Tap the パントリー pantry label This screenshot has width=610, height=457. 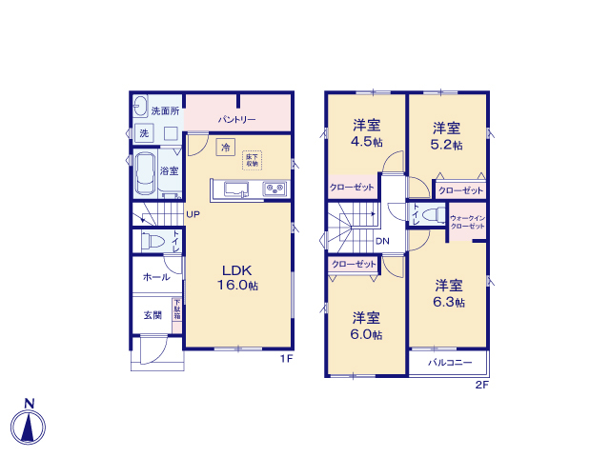(x=235, y=120)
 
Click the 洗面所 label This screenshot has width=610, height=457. (x=165, y=110)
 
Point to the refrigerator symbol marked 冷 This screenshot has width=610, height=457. (x=225, y=147)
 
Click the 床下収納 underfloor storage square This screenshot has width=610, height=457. (x=252, y=160)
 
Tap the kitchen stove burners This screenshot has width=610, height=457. (x=275, y=189)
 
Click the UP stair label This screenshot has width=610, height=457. (x=193, y=214)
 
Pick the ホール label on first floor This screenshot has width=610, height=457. (x=156, y=277)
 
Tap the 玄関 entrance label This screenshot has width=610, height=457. (x=152, y=315)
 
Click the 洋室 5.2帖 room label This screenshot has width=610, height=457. (x=447, y=136)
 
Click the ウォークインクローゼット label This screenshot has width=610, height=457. (x=467, y=223)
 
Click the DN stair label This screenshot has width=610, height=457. (x=381, y=241)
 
